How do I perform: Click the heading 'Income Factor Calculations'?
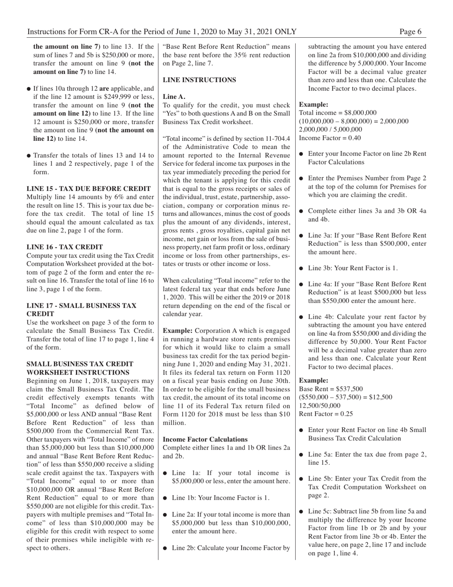[x=205, y=439]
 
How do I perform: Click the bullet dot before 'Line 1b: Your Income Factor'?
[x=165, y=498]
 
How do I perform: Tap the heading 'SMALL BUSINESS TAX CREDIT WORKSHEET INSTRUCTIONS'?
[x=78, y=367]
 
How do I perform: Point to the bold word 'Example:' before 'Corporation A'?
[x=178, y=330]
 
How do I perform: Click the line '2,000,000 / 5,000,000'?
[x=330, y=129]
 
